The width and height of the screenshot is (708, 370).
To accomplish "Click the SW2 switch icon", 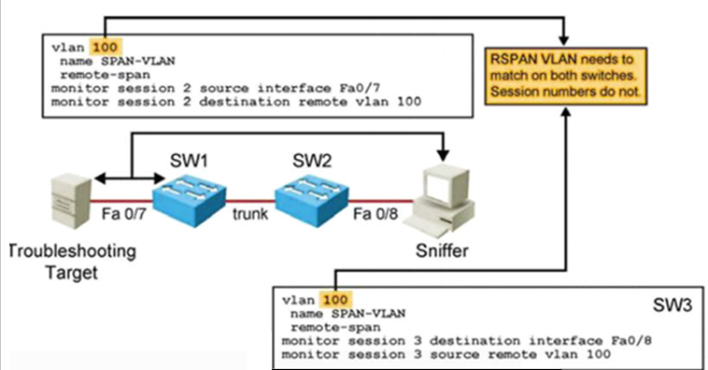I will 311,198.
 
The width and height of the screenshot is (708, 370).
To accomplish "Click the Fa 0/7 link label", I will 122,215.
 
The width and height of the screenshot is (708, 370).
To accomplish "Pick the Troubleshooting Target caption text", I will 71,260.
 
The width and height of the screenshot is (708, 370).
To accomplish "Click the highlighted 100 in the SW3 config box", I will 333,300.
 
